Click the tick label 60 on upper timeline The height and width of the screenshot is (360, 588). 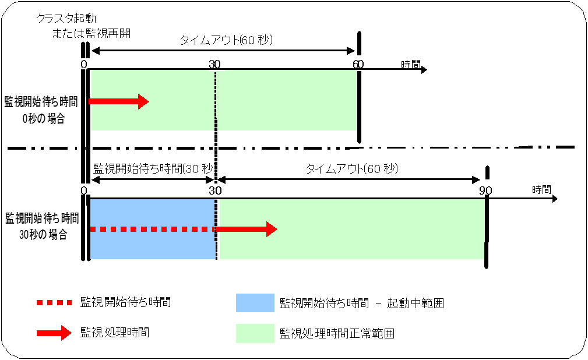coord(358,63)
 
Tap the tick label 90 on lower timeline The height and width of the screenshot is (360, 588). coord(486,190)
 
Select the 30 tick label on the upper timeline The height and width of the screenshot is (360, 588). coord(214,63)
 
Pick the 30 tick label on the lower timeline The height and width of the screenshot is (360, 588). coord(215,190)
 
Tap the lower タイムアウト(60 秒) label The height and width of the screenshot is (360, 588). coord(352,169)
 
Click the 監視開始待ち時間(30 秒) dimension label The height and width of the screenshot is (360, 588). coord(154,169)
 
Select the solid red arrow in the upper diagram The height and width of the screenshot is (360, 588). coord(119,101)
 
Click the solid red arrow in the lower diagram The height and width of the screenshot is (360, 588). coord(247,230)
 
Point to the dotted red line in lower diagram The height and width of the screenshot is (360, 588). coord(153,230)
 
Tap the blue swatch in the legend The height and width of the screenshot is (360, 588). coord(255,303)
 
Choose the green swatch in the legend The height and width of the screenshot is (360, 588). coord(255,334)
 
